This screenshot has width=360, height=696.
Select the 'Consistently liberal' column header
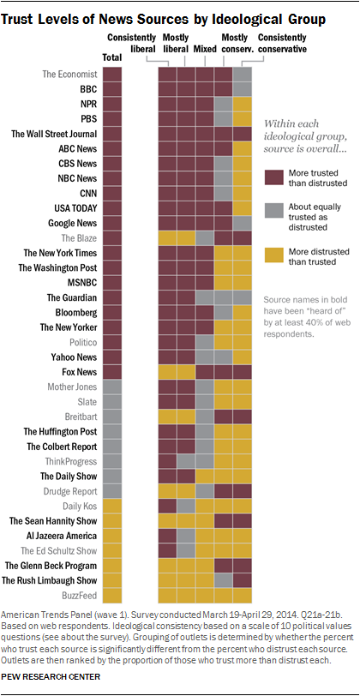coord(130,44)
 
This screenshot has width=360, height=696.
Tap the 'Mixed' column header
coord(205,48)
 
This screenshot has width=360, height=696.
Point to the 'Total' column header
coord(112,57)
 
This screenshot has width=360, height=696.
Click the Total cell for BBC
coord(112,89)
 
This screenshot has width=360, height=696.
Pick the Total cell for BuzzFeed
coord(112,595)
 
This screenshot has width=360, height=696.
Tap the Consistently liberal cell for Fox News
coord(167,371)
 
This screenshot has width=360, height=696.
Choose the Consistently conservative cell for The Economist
coord(242,75)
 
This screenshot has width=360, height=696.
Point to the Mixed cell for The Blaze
coord(205,237)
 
